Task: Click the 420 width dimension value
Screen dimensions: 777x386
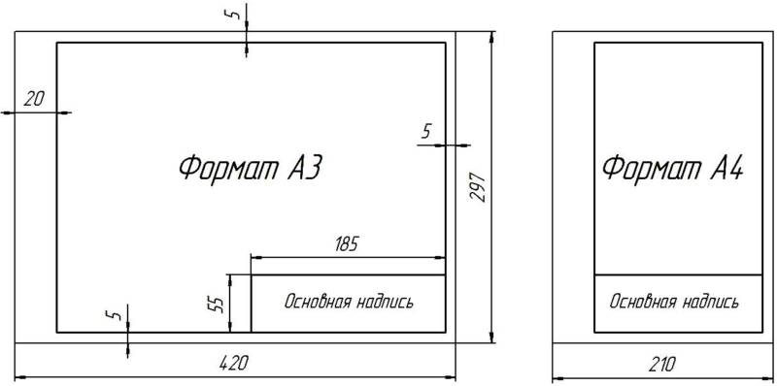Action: [233, 365]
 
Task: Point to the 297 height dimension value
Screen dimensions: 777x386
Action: [478, 186]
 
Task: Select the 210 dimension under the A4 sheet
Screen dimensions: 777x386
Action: [661, 366]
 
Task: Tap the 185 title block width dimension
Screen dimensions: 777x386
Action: [346, 244]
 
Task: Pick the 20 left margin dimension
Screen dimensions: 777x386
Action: [34, 100]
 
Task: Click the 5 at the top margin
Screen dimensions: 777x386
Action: [236, 14]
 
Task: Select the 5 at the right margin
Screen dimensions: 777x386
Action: [426, 132]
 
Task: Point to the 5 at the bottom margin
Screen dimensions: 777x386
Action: [115, 314]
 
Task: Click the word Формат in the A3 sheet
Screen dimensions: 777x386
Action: [228, 169]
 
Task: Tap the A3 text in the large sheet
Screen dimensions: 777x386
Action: [305, 169]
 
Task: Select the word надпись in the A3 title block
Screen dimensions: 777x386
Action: [385, 303]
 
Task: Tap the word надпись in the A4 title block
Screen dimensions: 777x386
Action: [710, 303]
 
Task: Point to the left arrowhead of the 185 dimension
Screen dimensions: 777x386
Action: [255, 257]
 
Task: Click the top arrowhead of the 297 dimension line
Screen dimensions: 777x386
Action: [492, 37]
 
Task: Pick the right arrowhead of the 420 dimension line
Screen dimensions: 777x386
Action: [451, 377]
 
